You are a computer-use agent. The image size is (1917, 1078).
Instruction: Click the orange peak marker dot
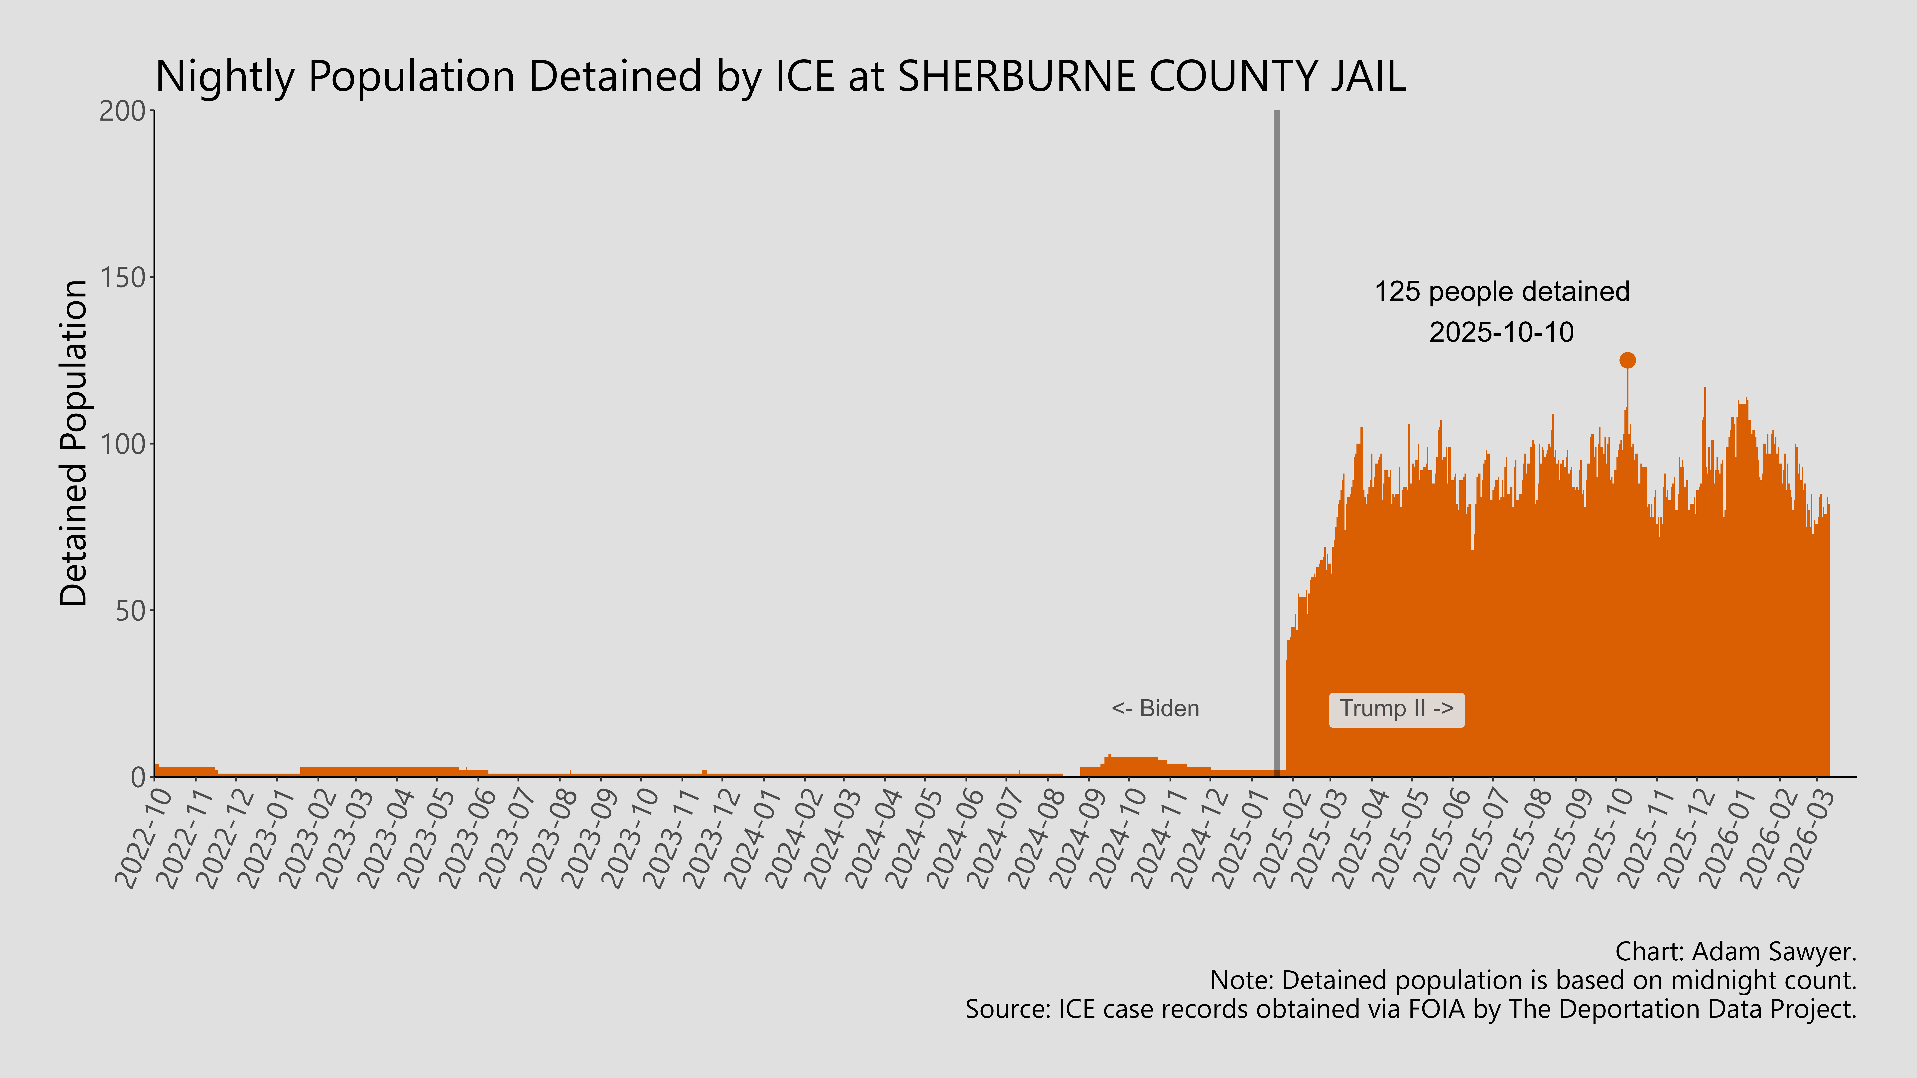(x=1627, y=360)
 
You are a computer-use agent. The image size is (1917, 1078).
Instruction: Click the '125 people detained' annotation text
(x=1502, y=292)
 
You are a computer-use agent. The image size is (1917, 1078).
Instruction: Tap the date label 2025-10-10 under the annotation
(x=1502, y=332)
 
